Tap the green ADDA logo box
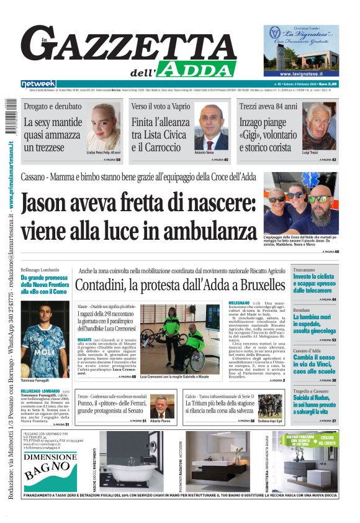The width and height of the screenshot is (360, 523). pos(186,69)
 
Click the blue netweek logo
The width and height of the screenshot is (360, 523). pos(38,83)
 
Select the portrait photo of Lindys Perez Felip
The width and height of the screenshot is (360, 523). pos(103,126)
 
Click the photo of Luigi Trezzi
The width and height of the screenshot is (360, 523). pos(319,127)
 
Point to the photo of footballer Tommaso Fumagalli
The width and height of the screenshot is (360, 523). pos(45,331)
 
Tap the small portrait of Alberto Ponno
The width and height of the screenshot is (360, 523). pos(161,406)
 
